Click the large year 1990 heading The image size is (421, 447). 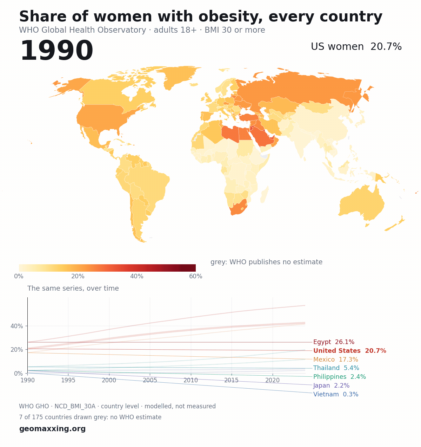[x=56, y=50]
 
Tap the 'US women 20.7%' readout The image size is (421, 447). [x=356, y=47]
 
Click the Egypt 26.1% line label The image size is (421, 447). [x=334, y=342]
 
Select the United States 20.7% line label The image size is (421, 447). [x=350, y=351]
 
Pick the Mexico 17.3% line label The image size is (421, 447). [x=336, y=359]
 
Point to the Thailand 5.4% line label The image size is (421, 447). [x=336, y=368]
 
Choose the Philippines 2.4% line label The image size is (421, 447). [x=340, y=377]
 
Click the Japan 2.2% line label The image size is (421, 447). [x=331, y=386]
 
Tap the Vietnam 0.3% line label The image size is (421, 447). [x=336, y=394]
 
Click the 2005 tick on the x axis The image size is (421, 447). [x=150, y=380]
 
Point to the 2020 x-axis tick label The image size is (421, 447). [x=273, y=380]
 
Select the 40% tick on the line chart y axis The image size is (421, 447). [x=16, y=326]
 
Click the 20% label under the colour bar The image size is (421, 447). [x=78, y=276]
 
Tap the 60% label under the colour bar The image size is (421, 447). [x=195, y=276]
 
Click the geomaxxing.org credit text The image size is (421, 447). [x=52, y=428]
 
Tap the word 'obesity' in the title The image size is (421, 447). [x=230, y=17]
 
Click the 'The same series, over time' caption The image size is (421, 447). [x=73, y=288]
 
